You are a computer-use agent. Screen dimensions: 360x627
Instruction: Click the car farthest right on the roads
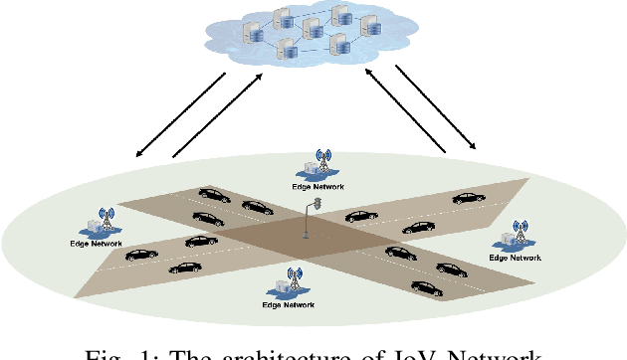coord(467,198)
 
